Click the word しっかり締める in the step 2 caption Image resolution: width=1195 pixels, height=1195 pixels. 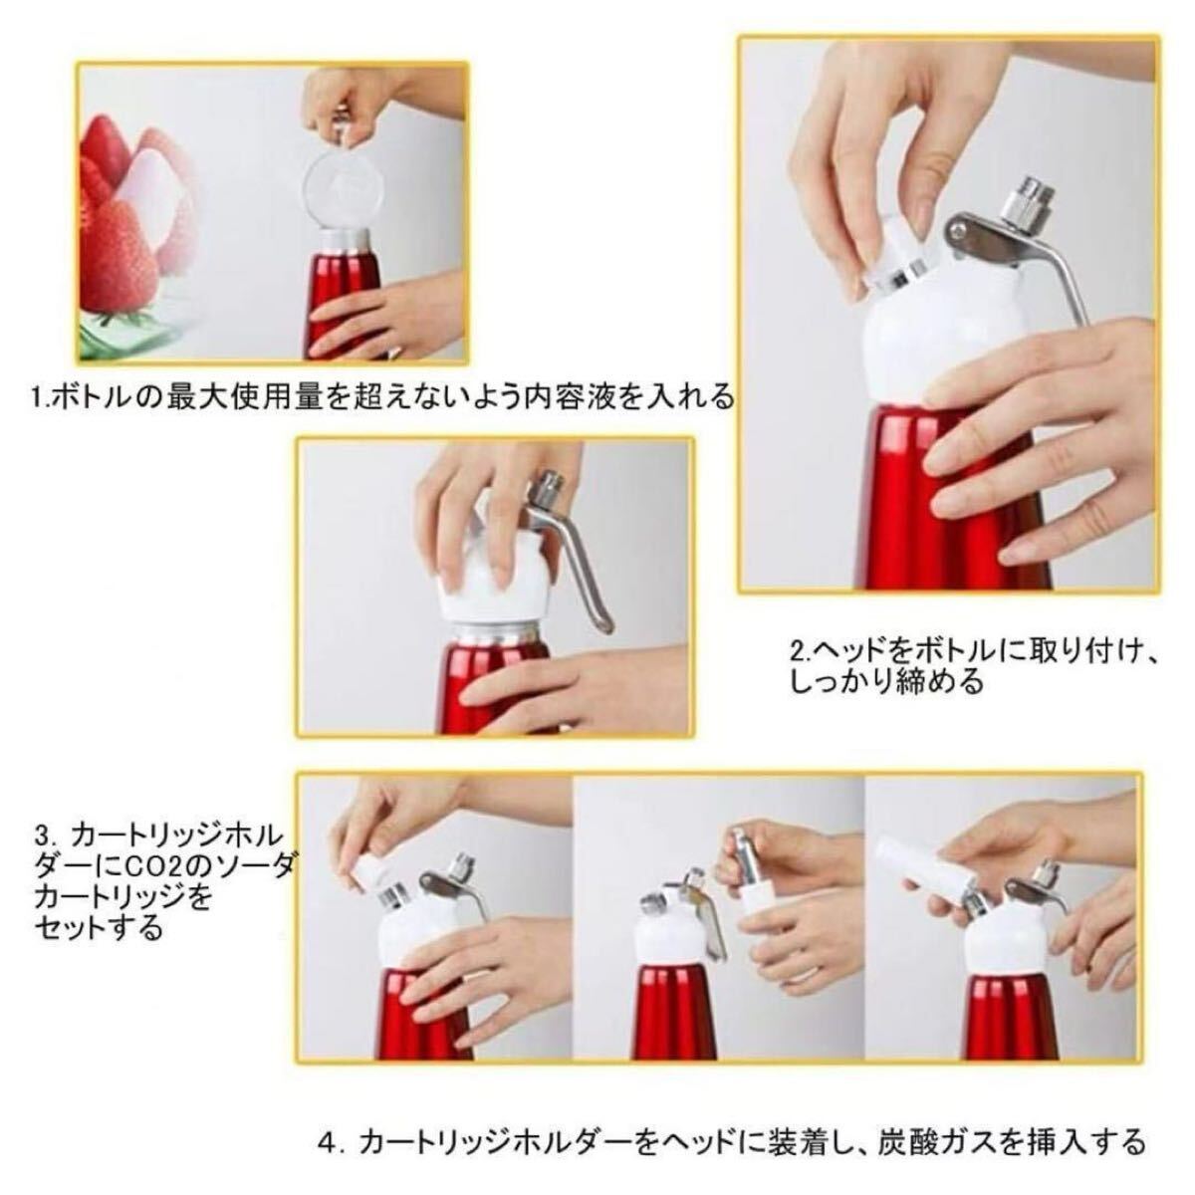(887, 683)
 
